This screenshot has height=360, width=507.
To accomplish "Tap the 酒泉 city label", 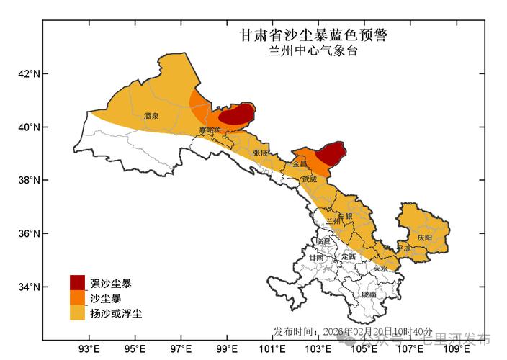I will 151,115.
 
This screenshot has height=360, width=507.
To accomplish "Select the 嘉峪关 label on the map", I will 211,130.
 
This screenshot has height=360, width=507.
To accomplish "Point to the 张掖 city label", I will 261,153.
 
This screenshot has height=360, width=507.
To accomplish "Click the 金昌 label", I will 300,164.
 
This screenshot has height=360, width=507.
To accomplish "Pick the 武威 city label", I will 310,178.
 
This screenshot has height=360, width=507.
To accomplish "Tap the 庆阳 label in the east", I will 424,237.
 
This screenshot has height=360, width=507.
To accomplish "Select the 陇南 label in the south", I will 369,294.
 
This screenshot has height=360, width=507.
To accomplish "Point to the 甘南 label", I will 316,257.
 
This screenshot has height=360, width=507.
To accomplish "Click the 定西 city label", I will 349,256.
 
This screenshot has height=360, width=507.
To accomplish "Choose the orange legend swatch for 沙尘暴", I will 77,297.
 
